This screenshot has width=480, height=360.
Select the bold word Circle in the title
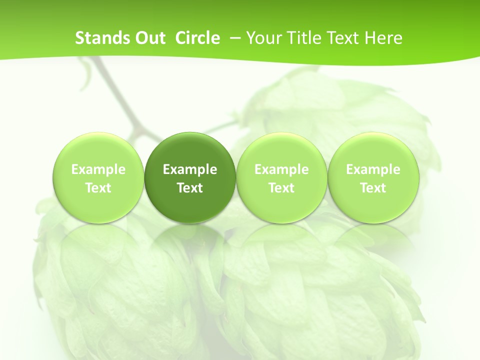point(197,38)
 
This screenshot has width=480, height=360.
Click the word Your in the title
point(263,38)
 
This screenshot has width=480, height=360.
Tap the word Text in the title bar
point(340,38)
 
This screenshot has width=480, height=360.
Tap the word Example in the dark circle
point(190,169)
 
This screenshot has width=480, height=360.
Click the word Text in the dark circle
point(190,188)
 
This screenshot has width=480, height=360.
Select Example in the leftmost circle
point(98,169)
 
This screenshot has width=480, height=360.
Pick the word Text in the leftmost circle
point(98,188)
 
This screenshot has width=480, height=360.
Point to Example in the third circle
point(281,169)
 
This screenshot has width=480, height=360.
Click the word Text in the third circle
point(281,188)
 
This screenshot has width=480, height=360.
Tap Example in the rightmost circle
point(373,169)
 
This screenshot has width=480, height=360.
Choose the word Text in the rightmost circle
point(373,188)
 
